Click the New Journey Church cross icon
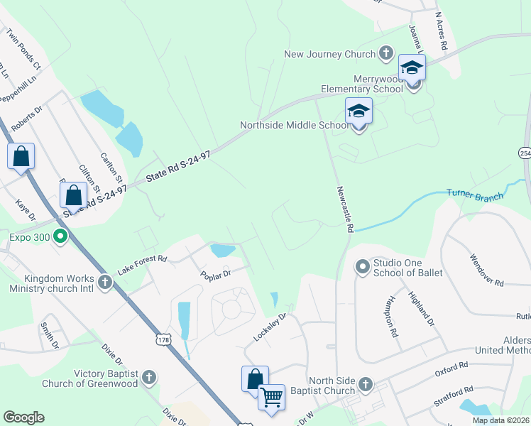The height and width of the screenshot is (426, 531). coord(386,53)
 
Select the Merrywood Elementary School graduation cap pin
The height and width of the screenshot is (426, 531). coord(412,69)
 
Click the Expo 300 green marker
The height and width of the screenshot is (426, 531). coord(60,237)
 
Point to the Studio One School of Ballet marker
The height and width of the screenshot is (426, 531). coord(363,267)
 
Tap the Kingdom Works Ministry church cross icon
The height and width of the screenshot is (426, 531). coord(105,283)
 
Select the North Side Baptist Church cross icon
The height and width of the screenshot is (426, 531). coord(366,385)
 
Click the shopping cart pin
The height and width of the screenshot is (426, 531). coord(271,398)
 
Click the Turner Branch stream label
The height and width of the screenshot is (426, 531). coord(475,193)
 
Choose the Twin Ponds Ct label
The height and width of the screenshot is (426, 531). coord(23,48)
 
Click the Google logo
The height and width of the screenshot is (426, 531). coord(24,417)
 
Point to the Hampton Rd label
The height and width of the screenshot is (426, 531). coord(390,316)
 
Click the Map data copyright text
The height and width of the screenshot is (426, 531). coord(501,420)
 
